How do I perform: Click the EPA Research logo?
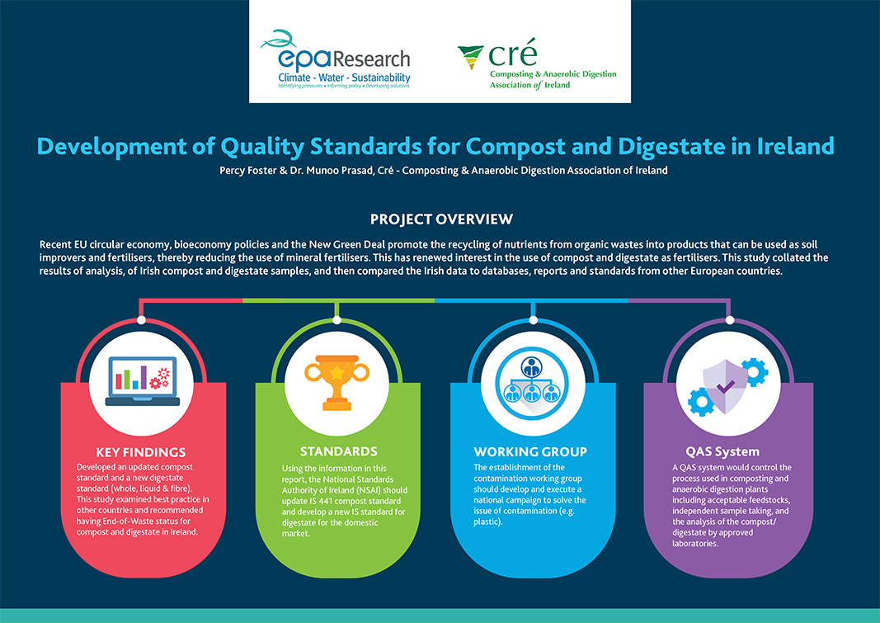point(336,59)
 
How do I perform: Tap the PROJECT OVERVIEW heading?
point(441,219)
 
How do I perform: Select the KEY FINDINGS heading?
point(141,452)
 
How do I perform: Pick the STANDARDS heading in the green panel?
point(338,451)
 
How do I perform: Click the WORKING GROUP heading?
point(530,452)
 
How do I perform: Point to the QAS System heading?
point(722,451)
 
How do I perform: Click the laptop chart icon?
point(143,381)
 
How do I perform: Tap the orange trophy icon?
point(336,382)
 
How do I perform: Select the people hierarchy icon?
point(531,384)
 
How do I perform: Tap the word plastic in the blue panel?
point(486,522)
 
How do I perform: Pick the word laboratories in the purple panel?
point(694,543)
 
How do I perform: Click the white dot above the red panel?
point(141,320)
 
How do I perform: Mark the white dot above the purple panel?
point(730,320)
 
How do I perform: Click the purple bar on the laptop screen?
point(144,377)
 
